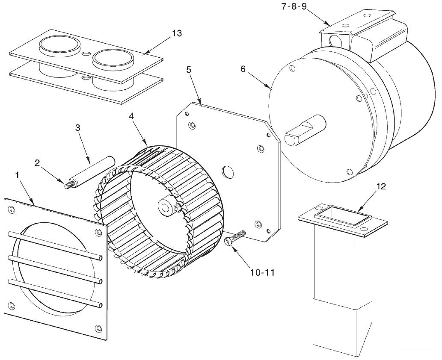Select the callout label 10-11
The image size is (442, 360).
click(x=262, y=272)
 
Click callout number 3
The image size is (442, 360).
click(x=77, y=127)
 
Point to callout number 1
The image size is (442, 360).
click(x=18, y=175)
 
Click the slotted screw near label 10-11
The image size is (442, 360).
click(x=235, y=237)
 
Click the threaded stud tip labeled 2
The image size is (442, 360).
click(x=68, y=186)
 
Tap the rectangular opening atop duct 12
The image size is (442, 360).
click(x=343, y=213)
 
